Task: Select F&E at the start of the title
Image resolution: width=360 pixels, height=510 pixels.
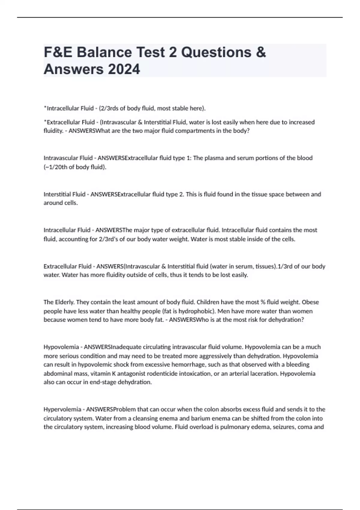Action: coord(58,52)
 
